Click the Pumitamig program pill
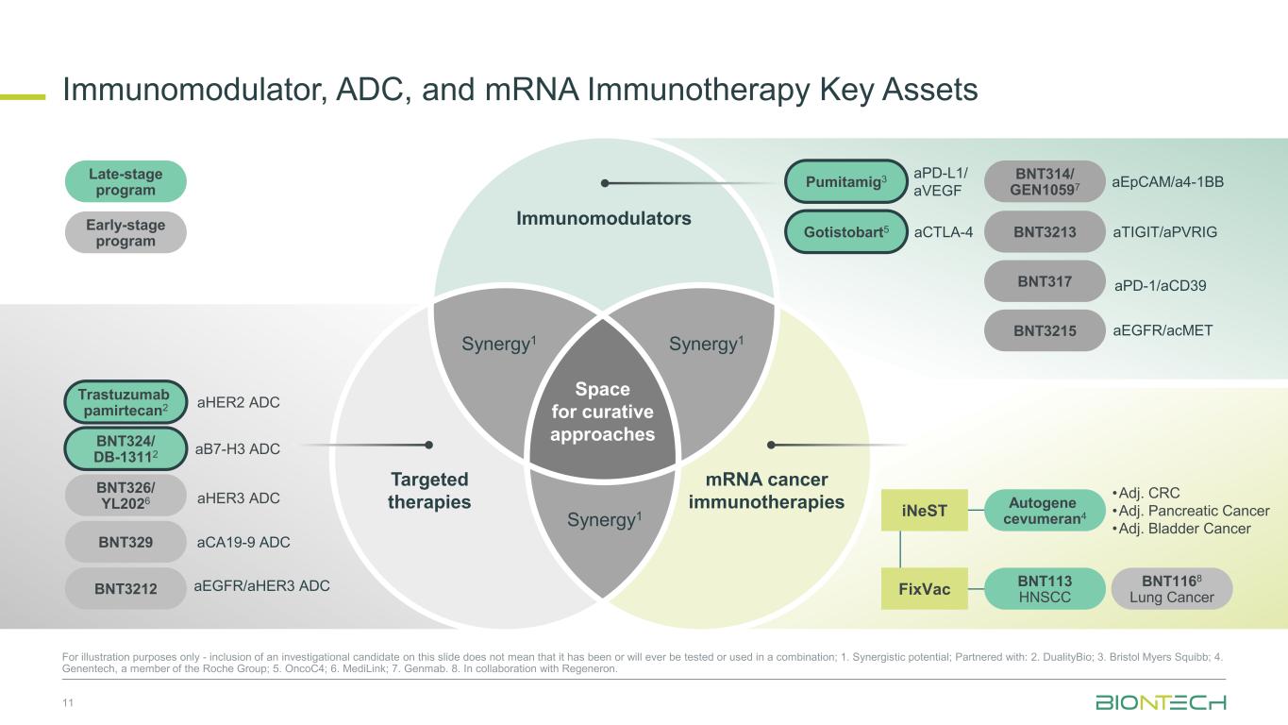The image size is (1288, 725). [845, 181]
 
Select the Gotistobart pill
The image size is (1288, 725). [845, 232]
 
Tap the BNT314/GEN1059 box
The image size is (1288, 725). [1045, 181]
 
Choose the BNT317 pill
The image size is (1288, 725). [1045, 280]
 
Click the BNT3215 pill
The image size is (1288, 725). [1045, 330]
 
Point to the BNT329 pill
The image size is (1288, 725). [125, 542]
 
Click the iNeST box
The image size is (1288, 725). [924, 511]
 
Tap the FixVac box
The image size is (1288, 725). [924, 589]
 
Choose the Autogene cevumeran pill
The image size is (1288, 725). [1045, 511]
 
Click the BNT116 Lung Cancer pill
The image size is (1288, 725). [1171, 589]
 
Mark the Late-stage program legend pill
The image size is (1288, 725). [125, 181]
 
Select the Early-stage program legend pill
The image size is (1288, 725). [125, 232]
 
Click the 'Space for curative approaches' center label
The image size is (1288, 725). [603, 412]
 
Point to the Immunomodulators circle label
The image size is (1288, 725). [603, 218]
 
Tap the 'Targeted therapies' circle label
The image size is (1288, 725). [429, 490]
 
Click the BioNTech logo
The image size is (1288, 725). [1160, 702]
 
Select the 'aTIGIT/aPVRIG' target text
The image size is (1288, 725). [1164, 232]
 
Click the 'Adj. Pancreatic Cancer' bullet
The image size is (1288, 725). [1191, 511]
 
